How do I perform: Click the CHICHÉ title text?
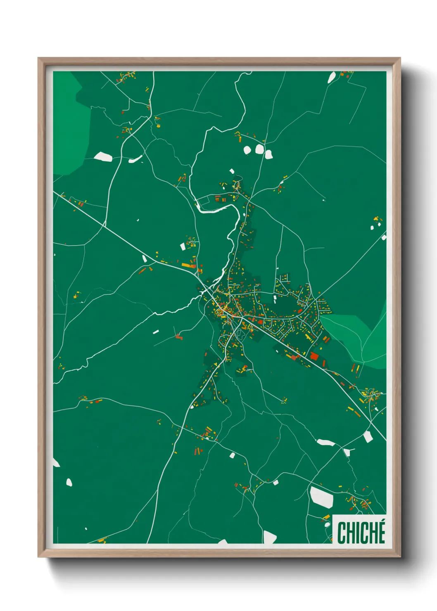click(361, 533)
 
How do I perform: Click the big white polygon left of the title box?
click(322, 497)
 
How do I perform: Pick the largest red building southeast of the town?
click(314, 356)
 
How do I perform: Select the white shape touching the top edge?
click(332, 77)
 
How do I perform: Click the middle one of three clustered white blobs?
click(259, 149)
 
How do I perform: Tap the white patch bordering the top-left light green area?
click(103, 156)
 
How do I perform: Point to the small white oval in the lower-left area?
click(69, 482)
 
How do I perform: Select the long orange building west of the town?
click(189, 265)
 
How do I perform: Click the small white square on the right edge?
click(384, 237)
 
